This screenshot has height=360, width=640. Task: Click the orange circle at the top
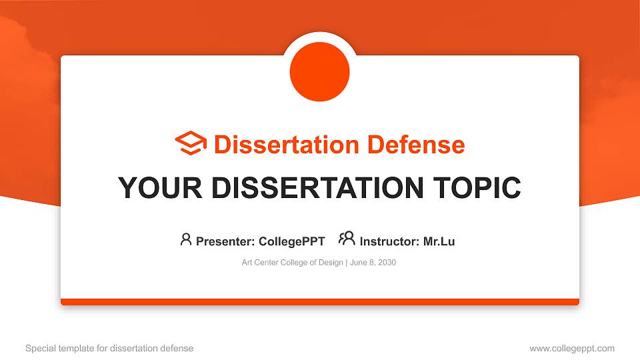[320, 72]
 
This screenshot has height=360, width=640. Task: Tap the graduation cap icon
[191, 143]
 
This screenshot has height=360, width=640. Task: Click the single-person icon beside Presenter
[186, 239]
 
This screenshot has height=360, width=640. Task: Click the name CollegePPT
[291, 241]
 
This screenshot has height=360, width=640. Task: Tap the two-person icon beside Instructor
[347, 239]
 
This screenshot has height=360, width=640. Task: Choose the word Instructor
[388, 241]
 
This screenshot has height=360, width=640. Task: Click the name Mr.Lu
[439, 241]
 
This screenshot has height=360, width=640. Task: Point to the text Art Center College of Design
[291, 263]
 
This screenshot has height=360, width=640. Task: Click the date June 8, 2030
[372, 263]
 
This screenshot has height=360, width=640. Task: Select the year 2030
[387, 263]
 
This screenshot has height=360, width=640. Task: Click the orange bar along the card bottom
[320, 302]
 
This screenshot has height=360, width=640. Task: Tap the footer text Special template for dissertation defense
[109, 348]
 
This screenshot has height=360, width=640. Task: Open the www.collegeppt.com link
[572, 348]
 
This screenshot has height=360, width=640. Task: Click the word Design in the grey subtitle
[331, 263]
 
